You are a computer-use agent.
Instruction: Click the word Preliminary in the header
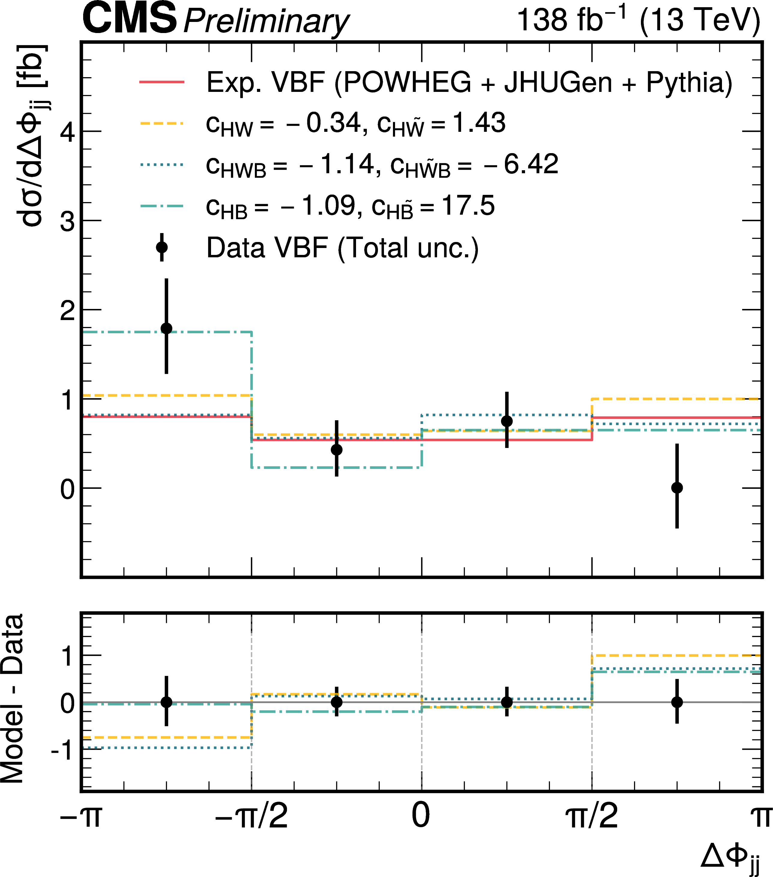click(x=266, y=21)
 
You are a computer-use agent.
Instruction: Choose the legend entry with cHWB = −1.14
click(x=382, y=165)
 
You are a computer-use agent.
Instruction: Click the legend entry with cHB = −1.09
click(x=350, y=206)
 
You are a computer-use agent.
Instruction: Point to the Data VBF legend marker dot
click(x=162, y=248)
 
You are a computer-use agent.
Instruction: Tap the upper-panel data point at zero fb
click(x=677, y=488)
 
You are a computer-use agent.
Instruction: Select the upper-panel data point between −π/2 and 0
click(x=337, y=450)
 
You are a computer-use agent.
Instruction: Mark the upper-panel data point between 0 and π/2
click(x=507, y=421)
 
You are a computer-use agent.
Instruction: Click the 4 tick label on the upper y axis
click(x=67, y=132)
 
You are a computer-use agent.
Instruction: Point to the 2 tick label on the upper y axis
click(x=67, y=311)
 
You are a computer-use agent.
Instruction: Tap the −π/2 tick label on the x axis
click(x=251, y=815)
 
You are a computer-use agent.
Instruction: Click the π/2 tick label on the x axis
click(x=592, y=815)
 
